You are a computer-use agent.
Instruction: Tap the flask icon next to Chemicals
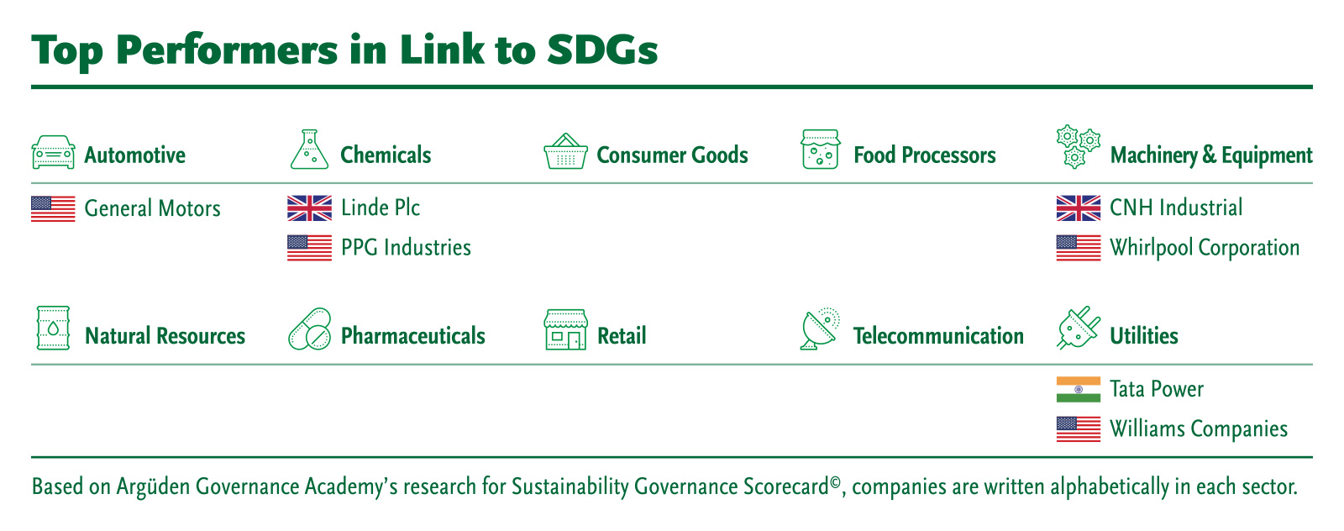pyautogui.click(x=309, y=150)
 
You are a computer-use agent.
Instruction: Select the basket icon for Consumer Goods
pyautogui.click(x=565, y=151)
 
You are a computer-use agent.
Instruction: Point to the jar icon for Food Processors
pyautogui.click(x=820, y=150)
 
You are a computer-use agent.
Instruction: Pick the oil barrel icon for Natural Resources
pyautogui.click(x=54, y=329)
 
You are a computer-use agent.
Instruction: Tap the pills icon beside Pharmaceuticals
pyautogui.click(x=310, y=329)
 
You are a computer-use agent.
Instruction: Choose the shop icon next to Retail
pyautogui.click(x=565, y=329)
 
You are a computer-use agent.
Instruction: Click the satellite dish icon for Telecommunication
pyautogui.click(x=820, y=329)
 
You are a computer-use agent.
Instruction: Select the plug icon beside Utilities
pyautogui.click(x=1079, y=328)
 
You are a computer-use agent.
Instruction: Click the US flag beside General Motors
pyautogui.click(x=54, y=209)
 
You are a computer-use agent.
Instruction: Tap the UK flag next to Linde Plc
pyautogui.click(x=310, y=208)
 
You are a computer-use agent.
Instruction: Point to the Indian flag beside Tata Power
pyautogui.click(x=1079, y=389)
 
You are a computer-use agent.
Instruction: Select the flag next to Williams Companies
pyautogui.click(x=1079, y=429)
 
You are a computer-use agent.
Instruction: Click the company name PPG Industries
pyautogui.click(x=407, y=248)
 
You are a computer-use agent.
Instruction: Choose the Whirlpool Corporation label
pyautogui.click(x=1205, y=248)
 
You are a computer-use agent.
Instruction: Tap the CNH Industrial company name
pyautogui.click(x=1176, y=208)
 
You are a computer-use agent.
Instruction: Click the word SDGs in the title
pyautogui.click(x=602, y=50)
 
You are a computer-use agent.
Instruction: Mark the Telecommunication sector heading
pyautogui.click(x=938, y=336)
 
